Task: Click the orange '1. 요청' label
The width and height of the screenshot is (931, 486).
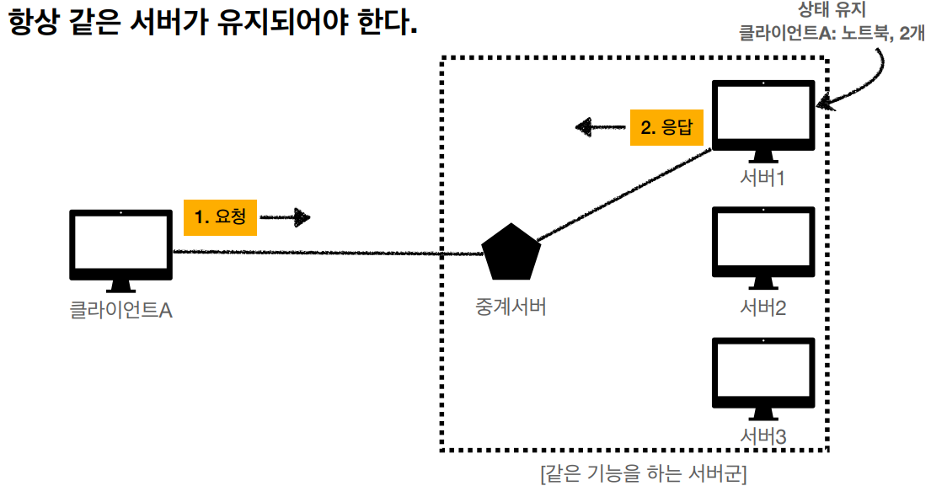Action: [x=220, y=216]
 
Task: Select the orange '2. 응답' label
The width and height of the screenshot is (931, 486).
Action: [x=666, y=128]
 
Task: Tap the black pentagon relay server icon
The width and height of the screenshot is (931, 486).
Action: [x=511, y=252]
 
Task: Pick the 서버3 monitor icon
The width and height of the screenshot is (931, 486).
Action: [x=763, y=376]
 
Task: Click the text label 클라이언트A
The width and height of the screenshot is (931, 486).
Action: [x=120, y=311]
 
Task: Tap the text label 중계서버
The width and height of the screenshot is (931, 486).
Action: [x=511, y=307]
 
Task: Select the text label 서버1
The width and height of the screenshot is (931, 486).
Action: [x=763, y=179]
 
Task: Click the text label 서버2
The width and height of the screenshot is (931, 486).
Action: [x=763, y=307]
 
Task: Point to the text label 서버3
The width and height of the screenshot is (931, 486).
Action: [x=763, y=438]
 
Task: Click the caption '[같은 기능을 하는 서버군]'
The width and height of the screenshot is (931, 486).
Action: [x=643, y=473]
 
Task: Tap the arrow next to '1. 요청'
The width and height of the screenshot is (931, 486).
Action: [x=286, y=217]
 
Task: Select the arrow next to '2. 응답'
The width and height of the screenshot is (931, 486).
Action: [x=599, y=128]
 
